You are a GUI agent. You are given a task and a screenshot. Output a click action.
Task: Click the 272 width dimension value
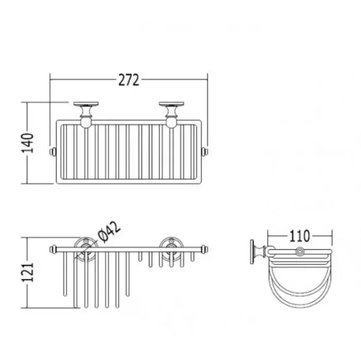click(x=129, y=80)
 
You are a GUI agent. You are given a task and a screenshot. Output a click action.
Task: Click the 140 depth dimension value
click(x=28, y=143)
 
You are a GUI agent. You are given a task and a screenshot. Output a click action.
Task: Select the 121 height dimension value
click(x=28, y=272)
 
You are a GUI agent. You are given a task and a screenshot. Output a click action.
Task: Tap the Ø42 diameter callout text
click(x=109, y=232)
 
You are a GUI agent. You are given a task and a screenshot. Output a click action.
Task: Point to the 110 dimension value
click(x=300, y=236)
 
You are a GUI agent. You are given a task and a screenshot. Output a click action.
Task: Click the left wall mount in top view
click(x=86, y=114)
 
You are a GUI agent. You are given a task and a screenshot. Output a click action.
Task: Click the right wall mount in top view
click(x=171, y=114)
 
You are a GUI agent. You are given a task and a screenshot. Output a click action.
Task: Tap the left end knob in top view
click(x=53, y=152)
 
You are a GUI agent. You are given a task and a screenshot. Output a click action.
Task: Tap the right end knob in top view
click(x=205, y=152)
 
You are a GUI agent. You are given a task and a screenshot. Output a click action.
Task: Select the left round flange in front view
click(x=86, y=249)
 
